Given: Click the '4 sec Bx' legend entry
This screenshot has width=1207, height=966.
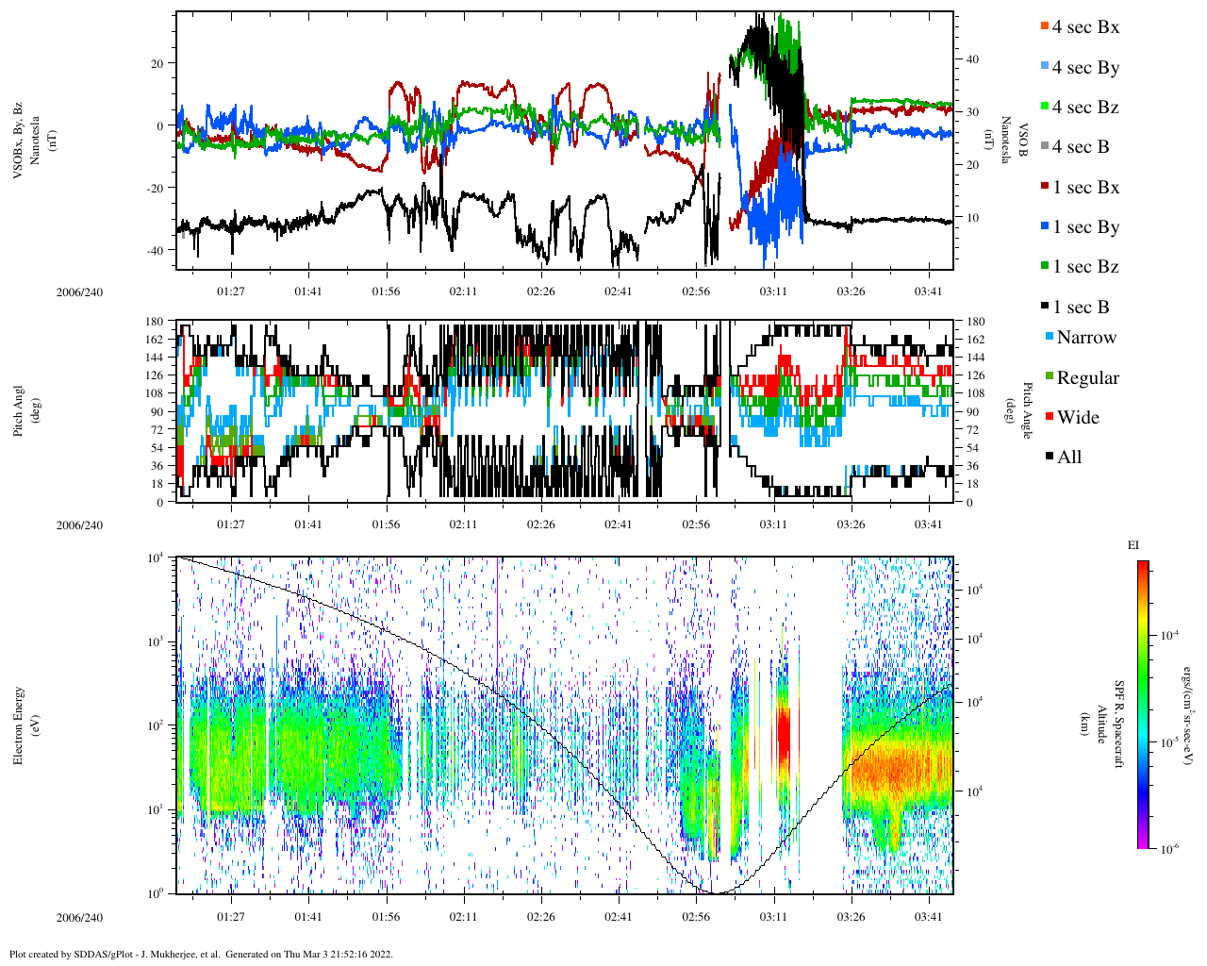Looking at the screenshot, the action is [x=1084, y=27].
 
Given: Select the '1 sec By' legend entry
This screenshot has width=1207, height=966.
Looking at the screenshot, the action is [x=1084, y=227].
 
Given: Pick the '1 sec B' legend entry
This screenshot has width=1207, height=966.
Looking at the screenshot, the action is [x=1081, y=308].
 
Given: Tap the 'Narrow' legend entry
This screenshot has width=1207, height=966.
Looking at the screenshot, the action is [x=1085, y=338].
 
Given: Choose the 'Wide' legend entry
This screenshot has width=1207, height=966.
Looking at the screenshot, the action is [x=1077, y=418].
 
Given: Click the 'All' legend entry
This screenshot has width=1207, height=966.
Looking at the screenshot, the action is [x=1068, y=458].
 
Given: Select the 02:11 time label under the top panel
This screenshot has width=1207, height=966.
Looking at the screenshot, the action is [x=463, y=291].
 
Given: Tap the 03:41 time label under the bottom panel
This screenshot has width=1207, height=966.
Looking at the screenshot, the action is [x=929, y=918].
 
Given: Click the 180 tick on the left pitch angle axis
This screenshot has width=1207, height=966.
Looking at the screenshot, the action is [x=155, y=322].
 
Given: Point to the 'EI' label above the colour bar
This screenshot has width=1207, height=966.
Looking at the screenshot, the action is [x=1133, y=545].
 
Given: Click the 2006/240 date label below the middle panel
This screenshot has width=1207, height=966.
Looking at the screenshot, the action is [x=79, y=525].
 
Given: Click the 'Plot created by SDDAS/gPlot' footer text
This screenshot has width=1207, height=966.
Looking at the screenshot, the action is [x=200, y=954].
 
